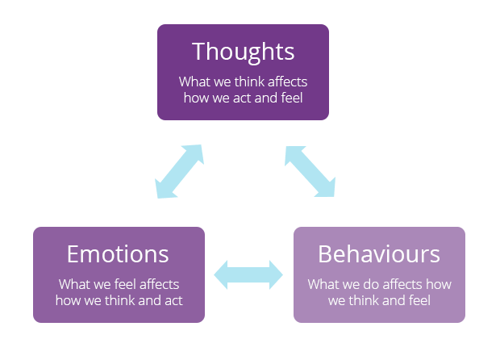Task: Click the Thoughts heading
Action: pyautogui.click(x=243, y=52)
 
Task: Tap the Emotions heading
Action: pyautogui.click(x=118, y=254)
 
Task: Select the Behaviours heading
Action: pyautogui.click(x=379, y=254)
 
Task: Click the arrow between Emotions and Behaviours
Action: pyautogui.click(x=248, y=274)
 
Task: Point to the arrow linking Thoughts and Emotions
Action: pyautogui.click(x=180, y=171)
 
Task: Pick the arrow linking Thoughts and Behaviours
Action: pyautogui.click(x=310, y=171)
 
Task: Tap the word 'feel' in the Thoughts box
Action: pyautogui.click(x=292, y=98)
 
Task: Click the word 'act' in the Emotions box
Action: pyautogui.click(x=173, y=300)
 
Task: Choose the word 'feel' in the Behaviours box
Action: pyautogui.click(x=419, y=300)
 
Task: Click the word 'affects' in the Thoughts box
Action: pyautogui.click(x=288, y=82)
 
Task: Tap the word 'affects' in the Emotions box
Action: pyautogui.click(x=160, y=284)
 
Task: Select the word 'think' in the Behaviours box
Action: pyautogui.click(x=364, y=300)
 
